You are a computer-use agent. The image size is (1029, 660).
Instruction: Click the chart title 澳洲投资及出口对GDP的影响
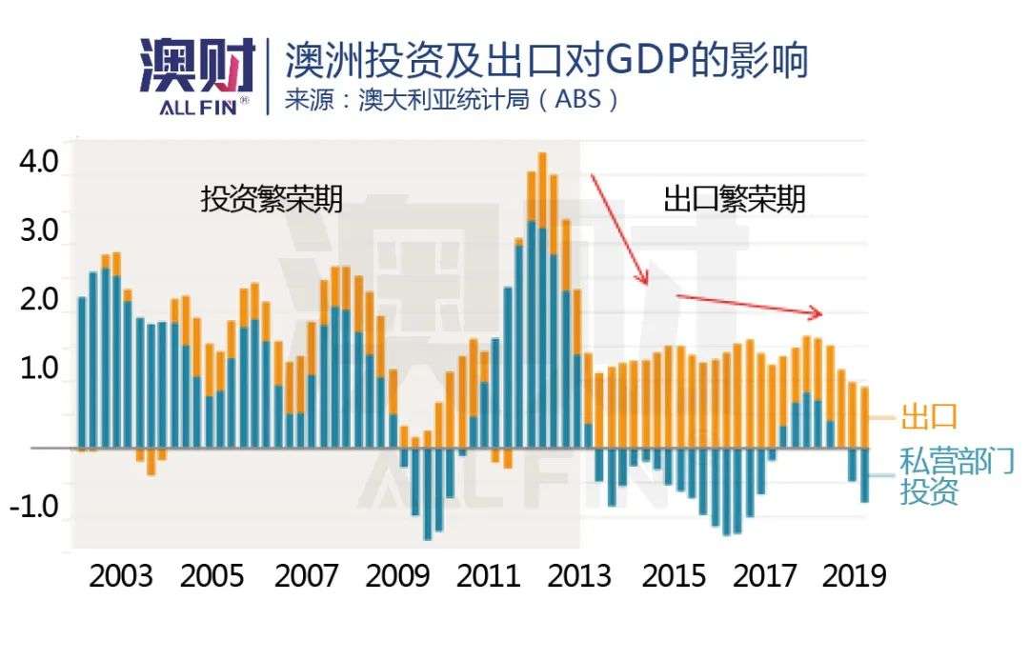click(547, 60)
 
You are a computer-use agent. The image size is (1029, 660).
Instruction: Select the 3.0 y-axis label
click(39, 231)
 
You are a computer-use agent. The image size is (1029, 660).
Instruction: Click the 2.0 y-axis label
click(39, 300)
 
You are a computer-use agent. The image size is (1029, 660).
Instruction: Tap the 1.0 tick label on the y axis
click(39, 370)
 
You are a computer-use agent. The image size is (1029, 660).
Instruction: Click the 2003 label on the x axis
click(120, 576)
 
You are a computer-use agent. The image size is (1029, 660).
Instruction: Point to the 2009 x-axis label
click(398, 576)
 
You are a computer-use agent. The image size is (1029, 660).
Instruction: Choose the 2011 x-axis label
click(490, 576)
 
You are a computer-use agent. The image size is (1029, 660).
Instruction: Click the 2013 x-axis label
click(581, 576)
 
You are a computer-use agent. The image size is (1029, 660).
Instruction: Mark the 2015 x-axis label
click(674, 576)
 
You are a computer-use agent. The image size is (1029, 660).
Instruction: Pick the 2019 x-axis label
click(855, 576)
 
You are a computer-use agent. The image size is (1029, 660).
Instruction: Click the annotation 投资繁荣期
click(272, 199)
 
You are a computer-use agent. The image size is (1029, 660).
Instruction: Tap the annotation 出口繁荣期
click(735, 199)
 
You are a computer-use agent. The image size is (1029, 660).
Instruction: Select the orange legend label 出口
click(928, 416)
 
